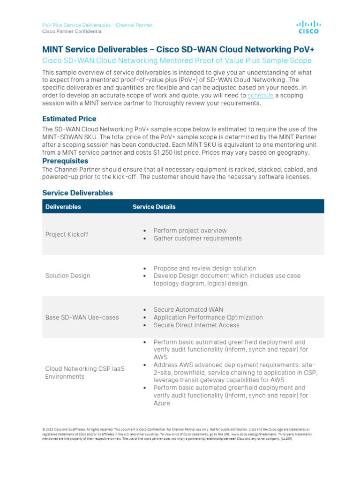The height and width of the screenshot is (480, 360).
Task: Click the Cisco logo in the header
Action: [x=308, y=27]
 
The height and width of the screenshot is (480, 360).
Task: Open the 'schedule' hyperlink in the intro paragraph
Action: [x=260, y=96]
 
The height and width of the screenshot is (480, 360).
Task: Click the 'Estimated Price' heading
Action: [x=69, y=119]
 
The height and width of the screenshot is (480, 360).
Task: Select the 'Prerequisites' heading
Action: [x=65, y=161]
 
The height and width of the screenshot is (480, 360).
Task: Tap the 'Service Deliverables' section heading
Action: [x=77, y=193]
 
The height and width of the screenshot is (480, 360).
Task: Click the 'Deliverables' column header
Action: [x=63, y=207]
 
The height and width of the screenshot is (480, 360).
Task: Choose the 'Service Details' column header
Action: [x=154, y=207]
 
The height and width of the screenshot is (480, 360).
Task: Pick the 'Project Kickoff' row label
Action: [x=67, y=234]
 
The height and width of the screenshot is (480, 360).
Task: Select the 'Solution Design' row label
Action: [x=67, y=276]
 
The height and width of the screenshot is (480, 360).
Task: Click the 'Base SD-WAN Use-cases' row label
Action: [x=82, y=317]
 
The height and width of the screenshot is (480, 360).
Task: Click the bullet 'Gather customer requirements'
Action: [x=197, y=238]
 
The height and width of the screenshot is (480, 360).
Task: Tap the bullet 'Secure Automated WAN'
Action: [x=188, y=309]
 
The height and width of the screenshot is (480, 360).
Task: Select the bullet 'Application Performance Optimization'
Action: [x=208, y=317]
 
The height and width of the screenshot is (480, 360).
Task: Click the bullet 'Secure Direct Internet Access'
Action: [x=196, y=325]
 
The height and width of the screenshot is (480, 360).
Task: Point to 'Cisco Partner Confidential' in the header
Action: [x=72, y=31]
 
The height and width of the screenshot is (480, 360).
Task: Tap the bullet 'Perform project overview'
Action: [x=190, y=231]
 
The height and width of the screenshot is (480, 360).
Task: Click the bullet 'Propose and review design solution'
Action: [x=204, y=268]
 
